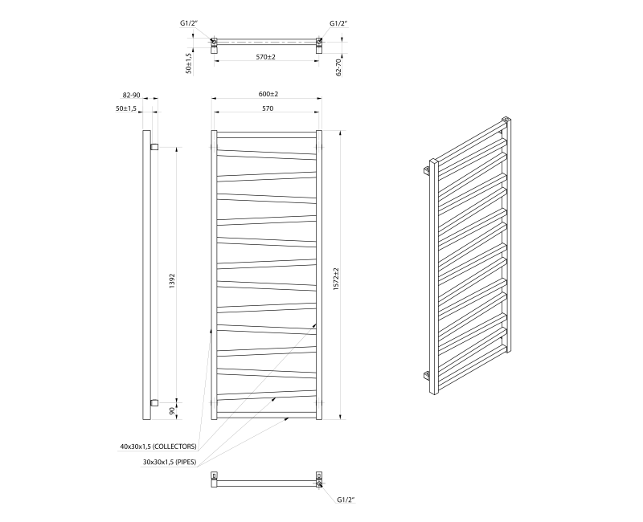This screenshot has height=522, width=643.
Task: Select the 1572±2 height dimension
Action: (x=347, y=275)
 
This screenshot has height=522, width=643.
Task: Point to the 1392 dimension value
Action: (x=172, y=282)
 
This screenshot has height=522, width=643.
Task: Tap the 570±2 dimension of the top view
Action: (x=266, y=56)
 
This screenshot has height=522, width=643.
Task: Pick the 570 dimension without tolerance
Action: (x=267, y=108)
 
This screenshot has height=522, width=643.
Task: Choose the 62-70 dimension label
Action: (x=339, y=67)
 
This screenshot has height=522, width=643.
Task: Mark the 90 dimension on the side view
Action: (x=171, y=410)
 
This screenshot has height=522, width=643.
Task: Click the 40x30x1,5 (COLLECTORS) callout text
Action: (x=158, y=446)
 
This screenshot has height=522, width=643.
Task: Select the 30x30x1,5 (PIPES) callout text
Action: (x=170, y=462)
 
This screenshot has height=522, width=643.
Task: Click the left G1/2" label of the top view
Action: (x=189, y=25)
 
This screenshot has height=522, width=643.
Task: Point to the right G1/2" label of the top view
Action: (x=339, y=25)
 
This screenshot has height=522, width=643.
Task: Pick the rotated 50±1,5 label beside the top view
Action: (x=188, y=63)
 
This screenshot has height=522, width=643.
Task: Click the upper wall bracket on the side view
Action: (x=154, y=146)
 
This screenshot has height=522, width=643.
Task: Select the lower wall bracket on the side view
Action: (x=154, y=402)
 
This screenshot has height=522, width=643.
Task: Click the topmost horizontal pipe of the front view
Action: (x=266, y=133)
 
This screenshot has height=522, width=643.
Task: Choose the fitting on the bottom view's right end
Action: (x=320, y=481)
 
